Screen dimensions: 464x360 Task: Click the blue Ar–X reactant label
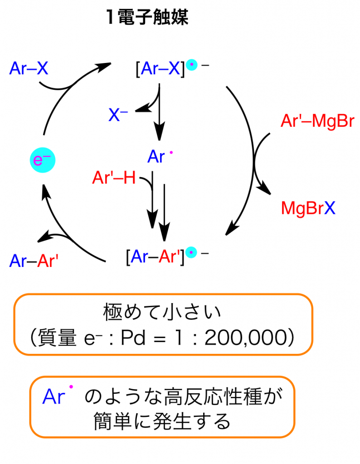click(29, 68)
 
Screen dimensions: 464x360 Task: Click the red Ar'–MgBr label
click(317, 121)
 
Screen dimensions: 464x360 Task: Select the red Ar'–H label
click(114, 178)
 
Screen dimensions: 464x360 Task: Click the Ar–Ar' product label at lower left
click(34, 261)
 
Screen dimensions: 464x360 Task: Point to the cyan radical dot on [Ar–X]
click(193, 66)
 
